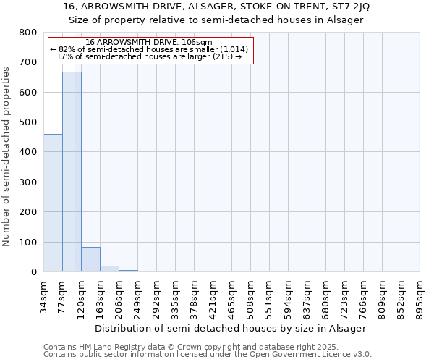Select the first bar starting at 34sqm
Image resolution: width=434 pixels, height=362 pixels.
(53, 203)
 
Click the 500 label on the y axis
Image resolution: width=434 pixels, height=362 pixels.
(28, 122)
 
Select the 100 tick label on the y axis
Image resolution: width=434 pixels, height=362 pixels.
(28, 242)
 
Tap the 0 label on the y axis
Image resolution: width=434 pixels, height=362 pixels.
(34, 272)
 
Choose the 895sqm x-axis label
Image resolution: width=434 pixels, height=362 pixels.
(420, 295)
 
